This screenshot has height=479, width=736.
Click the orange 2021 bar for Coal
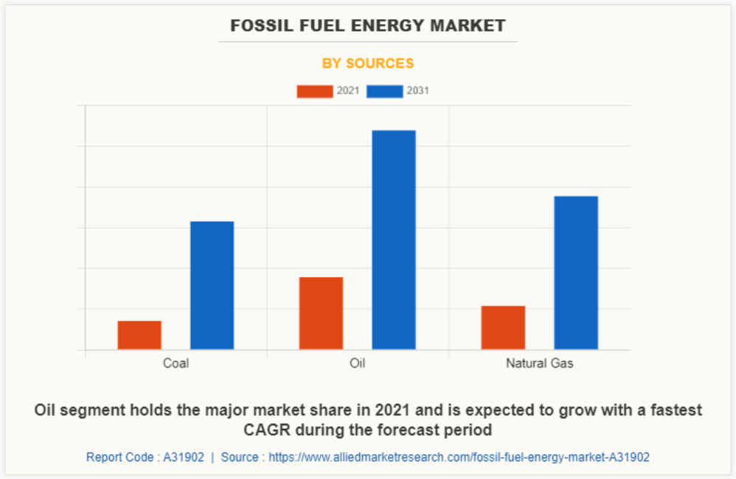point(139,335)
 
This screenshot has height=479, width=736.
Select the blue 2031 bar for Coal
point(212,285)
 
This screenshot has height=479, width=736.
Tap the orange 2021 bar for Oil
point(321,312)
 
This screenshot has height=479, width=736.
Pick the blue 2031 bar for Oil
point(394,239)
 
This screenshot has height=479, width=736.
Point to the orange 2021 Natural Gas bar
point(503,327)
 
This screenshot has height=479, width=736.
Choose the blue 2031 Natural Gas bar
point(576,272)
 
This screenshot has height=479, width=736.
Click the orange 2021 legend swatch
point(315,91)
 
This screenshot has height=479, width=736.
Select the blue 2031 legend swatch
point(384,91)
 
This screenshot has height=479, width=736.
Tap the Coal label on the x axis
point(176,363)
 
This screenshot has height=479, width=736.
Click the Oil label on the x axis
point(358,363)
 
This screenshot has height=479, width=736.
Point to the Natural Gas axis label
point(539,363)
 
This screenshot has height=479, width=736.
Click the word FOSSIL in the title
point(258,26)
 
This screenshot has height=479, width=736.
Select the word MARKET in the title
point(469,26)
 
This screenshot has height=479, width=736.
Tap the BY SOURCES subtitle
point(368,63)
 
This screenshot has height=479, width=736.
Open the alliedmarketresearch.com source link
point(459,457)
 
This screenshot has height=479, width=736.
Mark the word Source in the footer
point(240,457)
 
